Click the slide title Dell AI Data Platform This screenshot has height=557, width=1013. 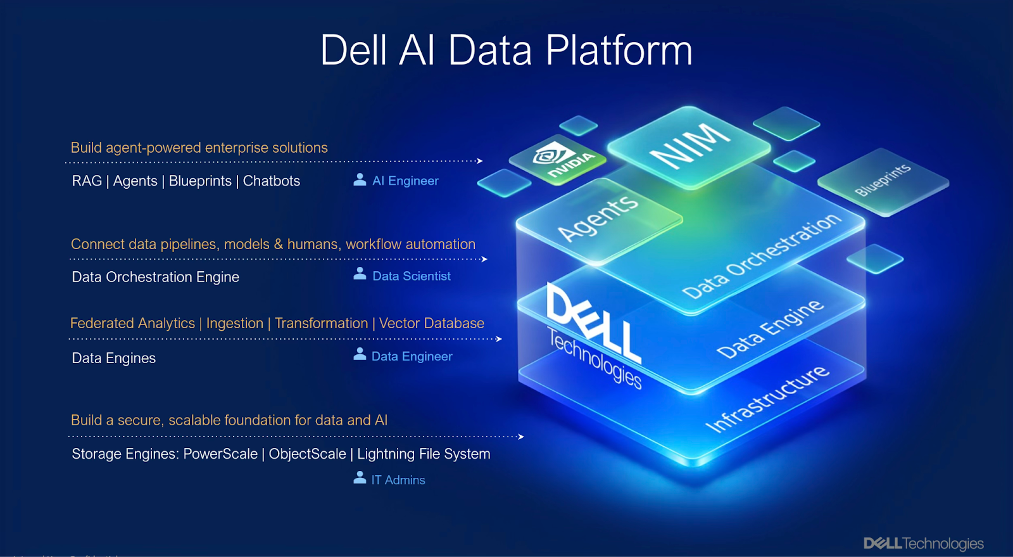(x=507, y=50)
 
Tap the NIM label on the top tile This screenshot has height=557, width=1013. (x=689, y=145)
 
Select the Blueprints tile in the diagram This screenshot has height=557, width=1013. (x=883, y=180)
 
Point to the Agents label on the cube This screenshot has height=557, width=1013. (x=598, y=217)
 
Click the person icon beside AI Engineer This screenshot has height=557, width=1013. (x=360, y=180)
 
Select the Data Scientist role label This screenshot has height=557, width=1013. (x=412, y=276)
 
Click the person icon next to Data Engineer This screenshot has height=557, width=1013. (x=360, y=354)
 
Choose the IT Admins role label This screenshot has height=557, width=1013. (x=398, y=480)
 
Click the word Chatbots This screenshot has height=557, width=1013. (x=272, y=181)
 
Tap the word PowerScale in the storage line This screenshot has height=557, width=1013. (x=220, y=454)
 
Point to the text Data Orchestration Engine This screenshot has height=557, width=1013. (x=156, y=277)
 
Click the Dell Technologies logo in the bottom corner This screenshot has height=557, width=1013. (x=923, y=544)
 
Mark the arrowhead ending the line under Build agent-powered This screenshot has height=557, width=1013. (x=480, y=161)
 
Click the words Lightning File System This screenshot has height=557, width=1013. (x=424, y=454)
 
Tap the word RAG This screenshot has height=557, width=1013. (x=87, y=181)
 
